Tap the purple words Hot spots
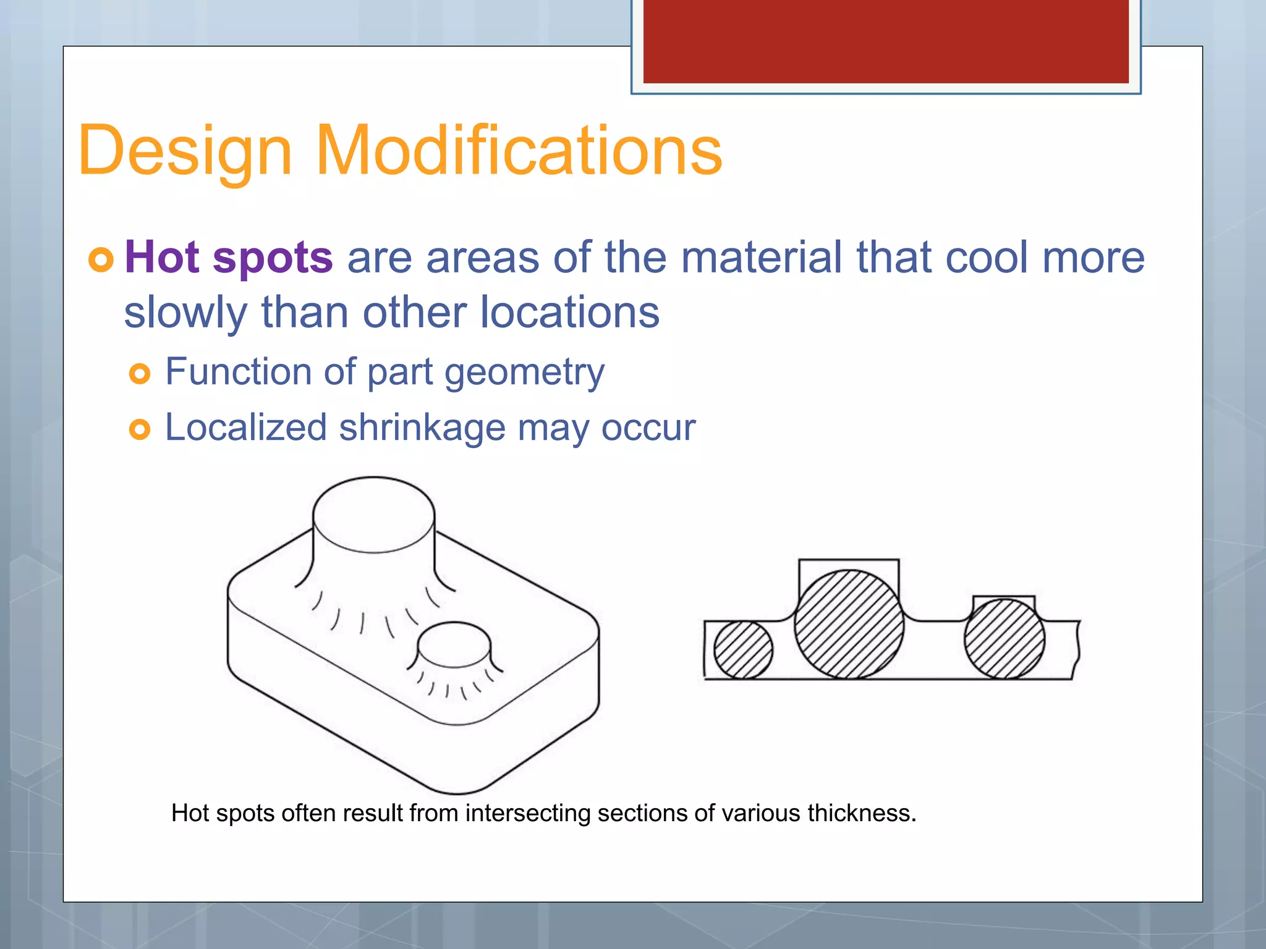click(229, 257)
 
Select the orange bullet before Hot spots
click(101, 259)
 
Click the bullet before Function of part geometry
click(140, 373)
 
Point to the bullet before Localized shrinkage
click(140, 429)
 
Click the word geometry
click(524, 373)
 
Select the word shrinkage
click(422, 428)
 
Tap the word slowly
click(185, 313)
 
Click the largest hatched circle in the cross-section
click(849, 624)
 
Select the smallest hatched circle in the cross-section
click(743, 649)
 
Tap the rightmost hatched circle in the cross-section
click(1004, 639)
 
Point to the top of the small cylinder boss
click(454, 644)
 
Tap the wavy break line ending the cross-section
click(1077, 649)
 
